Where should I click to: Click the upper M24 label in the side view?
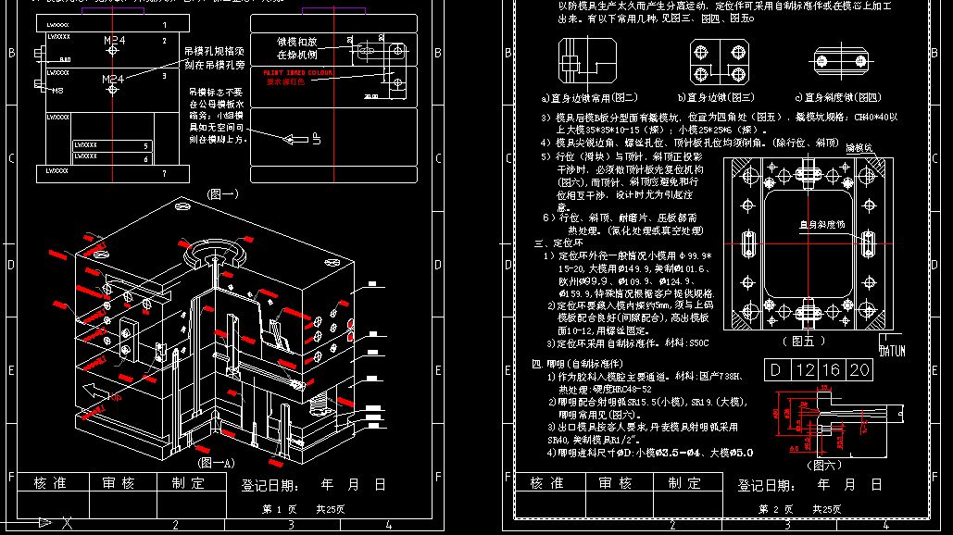[115, 42]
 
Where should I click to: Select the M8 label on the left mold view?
[56, 91]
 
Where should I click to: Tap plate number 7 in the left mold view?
[164, 173]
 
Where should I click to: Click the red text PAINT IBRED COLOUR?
[298, 72]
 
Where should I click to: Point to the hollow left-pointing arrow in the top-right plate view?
[297, 140]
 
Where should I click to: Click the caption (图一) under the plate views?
[222, 194]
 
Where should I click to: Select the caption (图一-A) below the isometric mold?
[216, 461]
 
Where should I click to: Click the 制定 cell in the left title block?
[188, 483]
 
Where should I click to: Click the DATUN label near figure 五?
[892, 351]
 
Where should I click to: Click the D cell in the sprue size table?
[775, 371]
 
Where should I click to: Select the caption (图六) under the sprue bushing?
[825, 464]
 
